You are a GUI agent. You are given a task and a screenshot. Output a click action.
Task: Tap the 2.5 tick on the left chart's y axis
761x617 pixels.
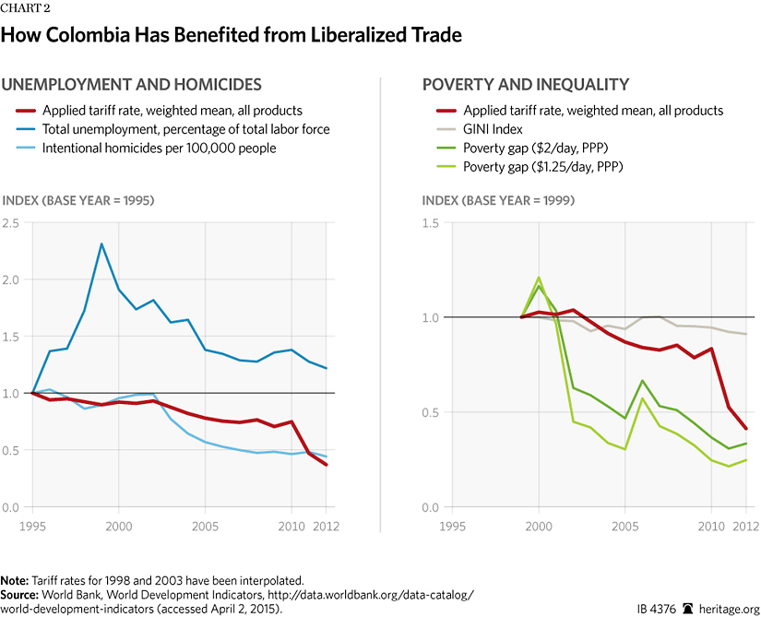12,222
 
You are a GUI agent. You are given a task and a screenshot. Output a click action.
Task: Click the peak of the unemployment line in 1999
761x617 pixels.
101,243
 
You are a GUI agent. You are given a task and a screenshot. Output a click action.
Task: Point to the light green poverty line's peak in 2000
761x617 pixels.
539,277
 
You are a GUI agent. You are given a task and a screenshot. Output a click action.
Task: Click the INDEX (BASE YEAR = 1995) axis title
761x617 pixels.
77,200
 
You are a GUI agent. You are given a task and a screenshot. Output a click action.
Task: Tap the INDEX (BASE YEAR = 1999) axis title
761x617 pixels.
498,200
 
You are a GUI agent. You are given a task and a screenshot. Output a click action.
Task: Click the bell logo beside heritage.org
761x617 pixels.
687,609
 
